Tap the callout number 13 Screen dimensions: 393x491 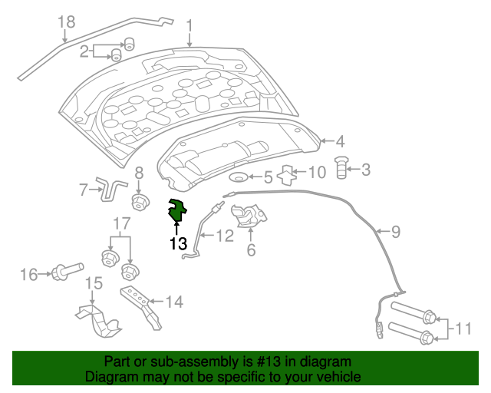point(178,243)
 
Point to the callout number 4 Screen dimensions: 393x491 point(340,141)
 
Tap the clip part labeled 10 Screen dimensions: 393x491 point(286,175)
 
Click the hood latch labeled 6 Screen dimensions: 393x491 point(247,216)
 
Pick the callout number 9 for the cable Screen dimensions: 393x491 point(396,230)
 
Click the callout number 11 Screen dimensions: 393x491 point(462,329)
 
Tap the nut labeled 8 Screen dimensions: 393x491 point(139,202)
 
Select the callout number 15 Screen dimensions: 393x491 point(93,285)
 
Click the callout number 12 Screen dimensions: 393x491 point(224,236)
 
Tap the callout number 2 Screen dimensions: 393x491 point(84,51)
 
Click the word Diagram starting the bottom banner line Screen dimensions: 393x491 point(107,377)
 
